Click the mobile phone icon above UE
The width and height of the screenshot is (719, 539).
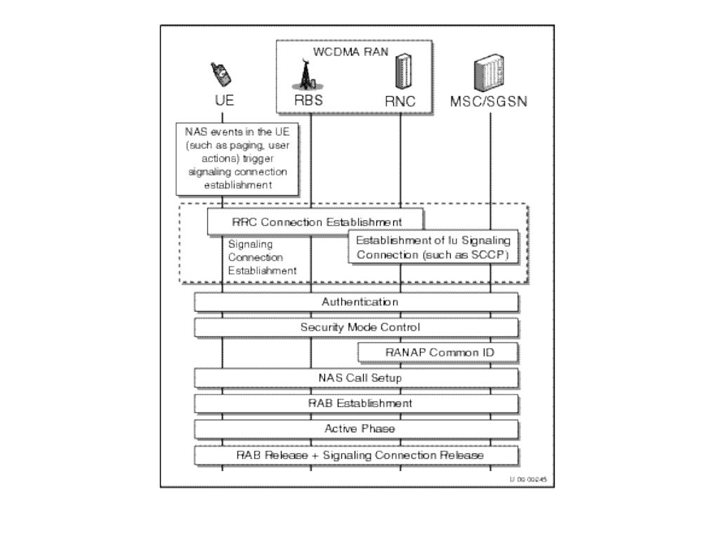(221, 73)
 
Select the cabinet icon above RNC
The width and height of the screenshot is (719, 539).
(400, 72)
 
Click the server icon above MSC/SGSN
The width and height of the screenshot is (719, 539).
(489, 76)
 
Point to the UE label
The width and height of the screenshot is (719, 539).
(224, 100)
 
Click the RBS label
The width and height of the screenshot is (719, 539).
(308, 100)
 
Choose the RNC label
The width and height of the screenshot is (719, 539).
(400, 101)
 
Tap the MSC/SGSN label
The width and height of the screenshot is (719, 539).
(489, 101)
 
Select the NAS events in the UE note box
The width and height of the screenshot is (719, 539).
(237, 158)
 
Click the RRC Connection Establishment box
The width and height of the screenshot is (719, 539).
(316, 222)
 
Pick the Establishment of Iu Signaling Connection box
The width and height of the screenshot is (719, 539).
(433, 247)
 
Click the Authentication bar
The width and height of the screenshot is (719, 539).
(357, 302)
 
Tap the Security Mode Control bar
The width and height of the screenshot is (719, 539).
(357, 328)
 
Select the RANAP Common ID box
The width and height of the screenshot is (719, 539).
(438, 352)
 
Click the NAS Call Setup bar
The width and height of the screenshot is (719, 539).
(357, 378)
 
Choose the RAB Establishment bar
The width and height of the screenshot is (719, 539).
(357, 404)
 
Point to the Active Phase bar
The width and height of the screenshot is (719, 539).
(357, 429)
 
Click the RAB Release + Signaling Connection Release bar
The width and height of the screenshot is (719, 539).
(357, 455)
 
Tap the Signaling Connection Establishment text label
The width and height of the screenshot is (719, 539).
(261, 258)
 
